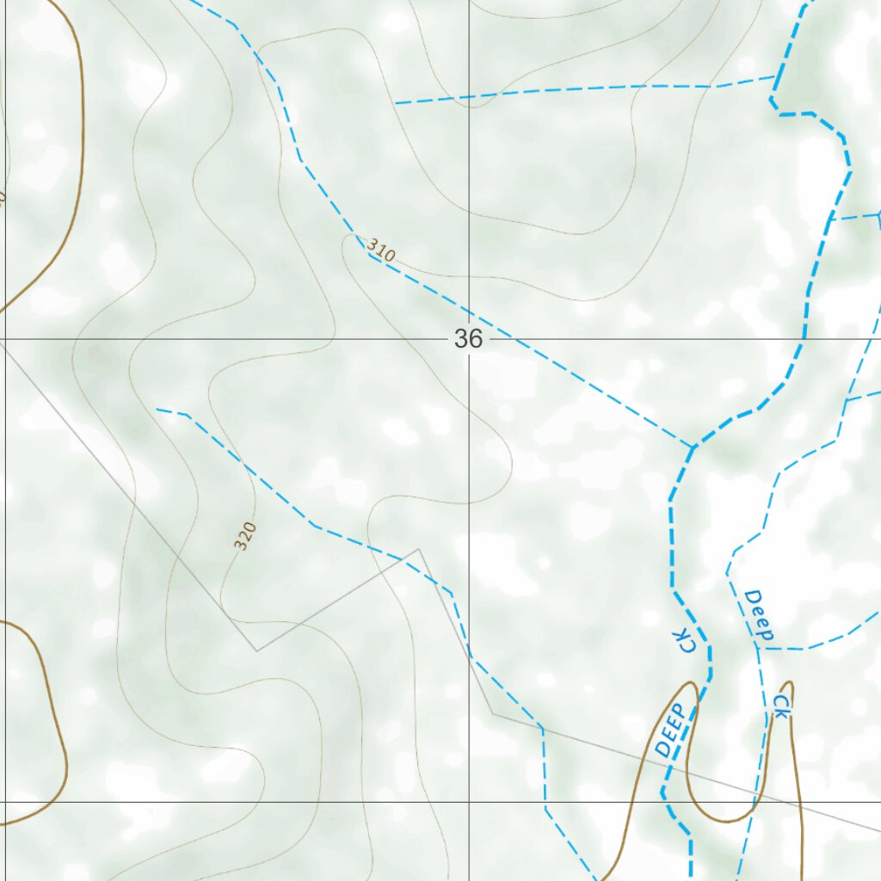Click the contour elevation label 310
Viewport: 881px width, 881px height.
pos(380,250)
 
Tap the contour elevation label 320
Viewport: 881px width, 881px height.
pos(245,536)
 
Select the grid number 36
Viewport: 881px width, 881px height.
pos(468,339)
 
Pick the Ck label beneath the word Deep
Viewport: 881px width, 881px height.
pos(780,706)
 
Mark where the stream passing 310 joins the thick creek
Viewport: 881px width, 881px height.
pos(693,447)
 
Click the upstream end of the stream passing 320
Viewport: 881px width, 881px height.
pos(157,410)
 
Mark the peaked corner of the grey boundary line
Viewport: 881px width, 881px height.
pos(419,549)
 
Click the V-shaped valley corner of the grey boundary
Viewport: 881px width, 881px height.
pos(256,650)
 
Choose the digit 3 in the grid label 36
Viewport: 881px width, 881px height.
pos(462,339)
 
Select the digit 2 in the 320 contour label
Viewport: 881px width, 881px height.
pos(245,536)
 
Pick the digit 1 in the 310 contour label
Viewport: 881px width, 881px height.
pos(380,250)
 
